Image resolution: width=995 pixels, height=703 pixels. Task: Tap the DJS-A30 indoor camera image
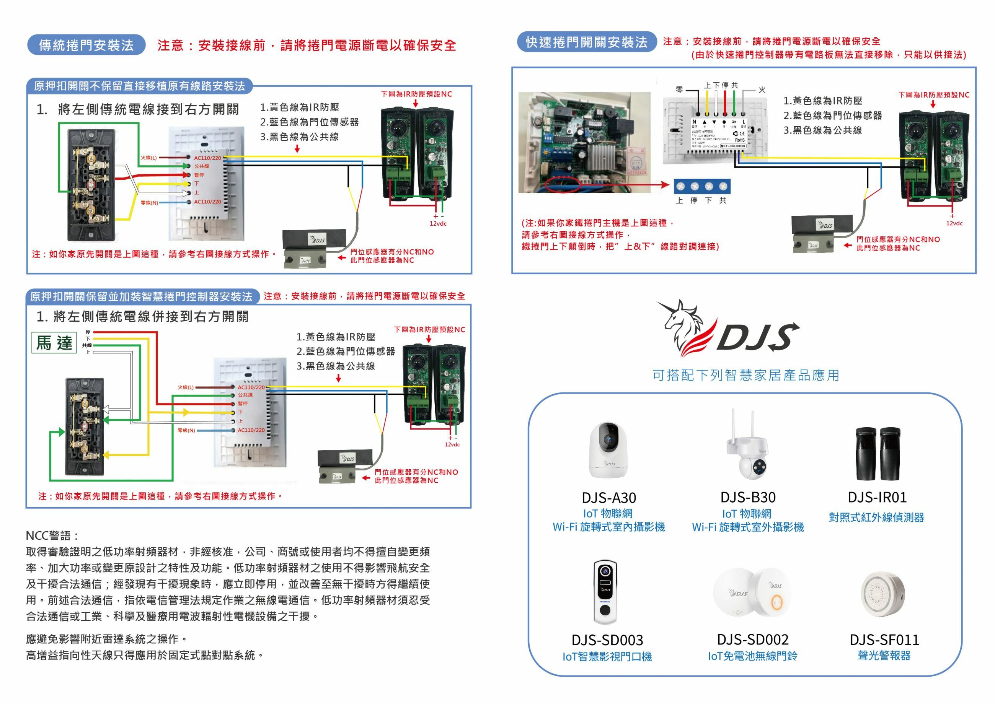coord(608,450)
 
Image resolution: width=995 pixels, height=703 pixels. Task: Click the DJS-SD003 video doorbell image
coord(605,592)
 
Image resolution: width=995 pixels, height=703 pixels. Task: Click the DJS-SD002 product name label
coord(753,640)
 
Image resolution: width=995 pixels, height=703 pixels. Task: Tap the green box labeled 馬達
coord(54,343)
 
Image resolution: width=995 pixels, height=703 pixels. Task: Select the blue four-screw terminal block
coord(701,186)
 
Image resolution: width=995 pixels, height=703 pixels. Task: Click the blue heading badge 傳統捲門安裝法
coord(86,45)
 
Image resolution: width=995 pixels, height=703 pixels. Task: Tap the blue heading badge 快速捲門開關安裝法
coord(586,42)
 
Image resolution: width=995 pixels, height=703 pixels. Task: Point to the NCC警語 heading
coord(52,535)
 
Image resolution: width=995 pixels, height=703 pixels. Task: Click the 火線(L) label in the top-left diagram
coord(148,158)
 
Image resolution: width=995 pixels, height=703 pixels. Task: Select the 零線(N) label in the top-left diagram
coord(149,203)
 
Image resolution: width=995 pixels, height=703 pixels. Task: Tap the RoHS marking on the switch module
coord(740,140)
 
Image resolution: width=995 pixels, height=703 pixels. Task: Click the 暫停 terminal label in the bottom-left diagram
coord(242,403)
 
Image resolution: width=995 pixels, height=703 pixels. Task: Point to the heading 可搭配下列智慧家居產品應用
coord(745,375)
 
